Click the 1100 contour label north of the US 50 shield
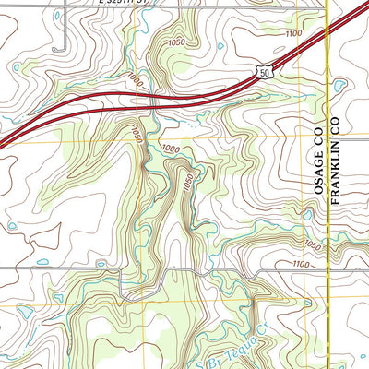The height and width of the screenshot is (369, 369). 293,33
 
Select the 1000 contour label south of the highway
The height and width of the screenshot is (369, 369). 170,148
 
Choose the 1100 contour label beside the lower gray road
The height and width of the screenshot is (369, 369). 299,265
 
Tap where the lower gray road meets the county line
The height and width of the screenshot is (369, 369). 328,269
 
